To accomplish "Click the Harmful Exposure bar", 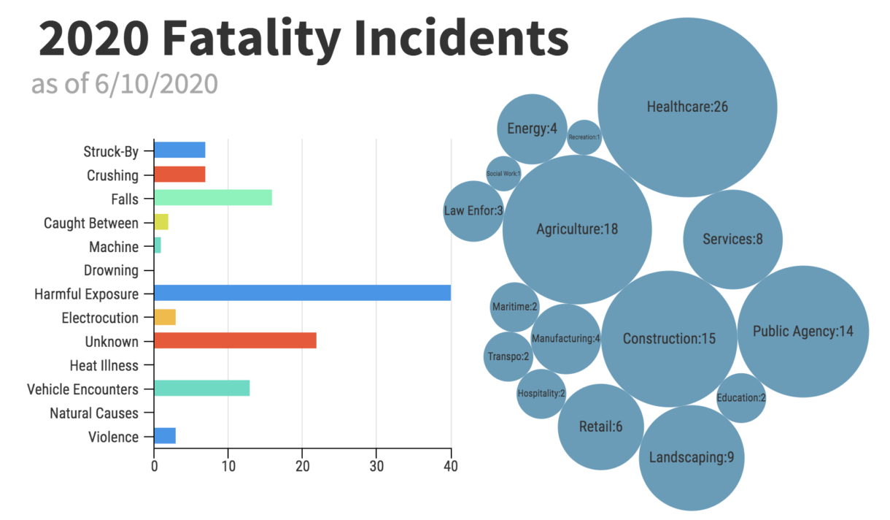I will tap(302, 293).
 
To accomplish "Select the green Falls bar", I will tap(213, 198).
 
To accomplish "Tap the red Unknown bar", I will tap(235, 340).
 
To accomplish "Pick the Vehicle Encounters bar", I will tap(202, 388).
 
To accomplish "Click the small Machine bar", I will tap(158, 245).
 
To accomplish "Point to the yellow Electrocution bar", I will tap(165, 317).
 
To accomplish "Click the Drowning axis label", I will tap(111, 270).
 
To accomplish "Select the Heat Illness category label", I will tap(104, 365).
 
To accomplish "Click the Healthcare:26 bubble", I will tap(687, 107).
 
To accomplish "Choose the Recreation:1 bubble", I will tap(584, 137).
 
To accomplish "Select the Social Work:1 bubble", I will tap(503, 174).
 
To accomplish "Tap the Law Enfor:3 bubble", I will tap(473, 211).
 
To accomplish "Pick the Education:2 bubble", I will tap(740, 398).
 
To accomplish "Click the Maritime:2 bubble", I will tap(514, 307).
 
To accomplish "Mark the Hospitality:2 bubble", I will tap(541, 394).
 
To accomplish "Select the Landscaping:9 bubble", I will tap(691, 458).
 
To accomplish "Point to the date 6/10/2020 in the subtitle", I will tap(156, 84).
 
